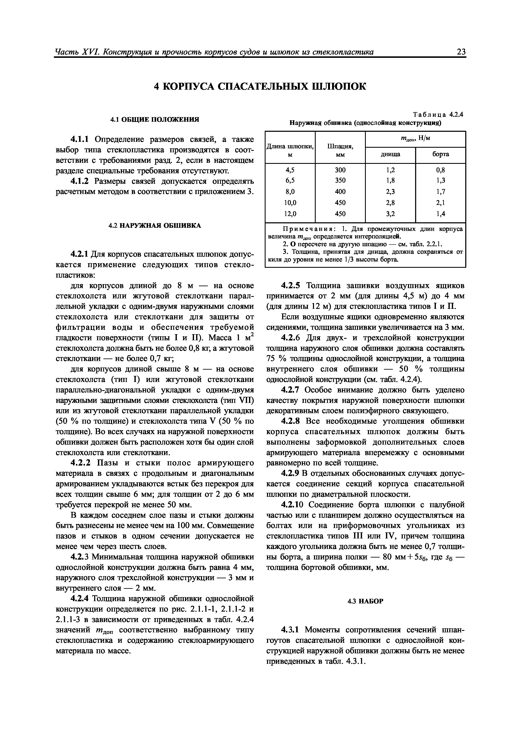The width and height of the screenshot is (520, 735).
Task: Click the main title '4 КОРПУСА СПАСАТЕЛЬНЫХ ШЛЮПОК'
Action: point(260,87)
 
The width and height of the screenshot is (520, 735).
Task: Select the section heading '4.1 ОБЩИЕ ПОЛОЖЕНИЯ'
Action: point(155,119)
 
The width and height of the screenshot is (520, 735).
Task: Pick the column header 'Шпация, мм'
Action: point(340,150)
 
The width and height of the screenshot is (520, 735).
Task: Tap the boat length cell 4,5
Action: point(290,170)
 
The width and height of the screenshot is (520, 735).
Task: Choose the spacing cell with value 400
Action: point(340,192)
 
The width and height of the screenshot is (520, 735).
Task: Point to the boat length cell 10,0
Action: point(290,203)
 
